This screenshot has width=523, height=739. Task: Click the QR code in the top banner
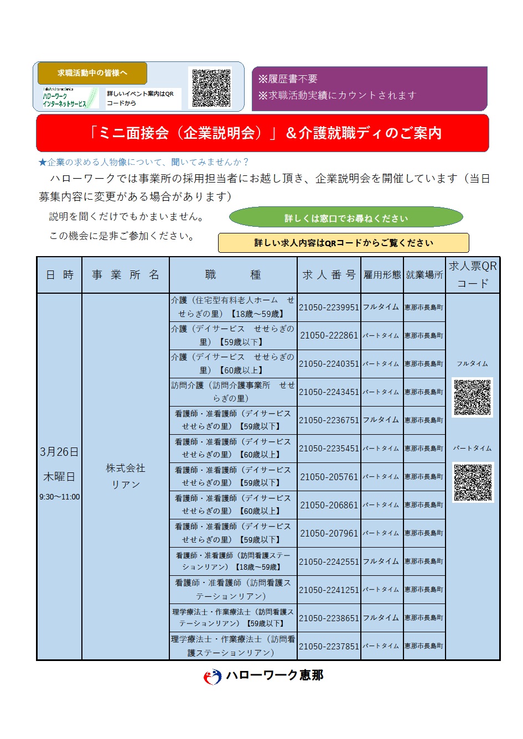[211, 87]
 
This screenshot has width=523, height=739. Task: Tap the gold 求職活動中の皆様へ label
[92, 73]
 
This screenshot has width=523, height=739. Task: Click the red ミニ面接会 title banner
[262, 133]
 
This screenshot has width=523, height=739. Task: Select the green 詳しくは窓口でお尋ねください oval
[346, 218]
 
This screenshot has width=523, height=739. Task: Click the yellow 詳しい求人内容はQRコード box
[343, 243]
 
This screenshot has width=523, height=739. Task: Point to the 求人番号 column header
[329, 275]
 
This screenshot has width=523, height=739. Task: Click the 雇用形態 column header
[382, 275]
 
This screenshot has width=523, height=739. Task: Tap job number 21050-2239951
[329, 308]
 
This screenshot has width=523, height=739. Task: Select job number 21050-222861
[329, 336]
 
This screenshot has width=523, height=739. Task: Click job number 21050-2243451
[329, 392]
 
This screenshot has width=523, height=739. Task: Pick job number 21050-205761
[329, 477]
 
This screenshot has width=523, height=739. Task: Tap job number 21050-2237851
[329, 646]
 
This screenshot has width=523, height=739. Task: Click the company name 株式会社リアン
[126, 476]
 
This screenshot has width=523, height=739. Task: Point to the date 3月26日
[59, 452]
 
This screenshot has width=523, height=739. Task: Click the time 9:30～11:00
[59, 497]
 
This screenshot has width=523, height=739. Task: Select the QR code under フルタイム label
[472, 397]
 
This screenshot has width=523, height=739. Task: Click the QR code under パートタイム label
[472, 482]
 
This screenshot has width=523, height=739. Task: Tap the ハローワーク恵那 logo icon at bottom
[213, 676]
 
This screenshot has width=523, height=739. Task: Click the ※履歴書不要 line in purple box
[288, 79]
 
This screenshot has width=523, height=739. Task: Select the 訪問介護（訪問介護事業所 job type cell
[233, 392]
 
